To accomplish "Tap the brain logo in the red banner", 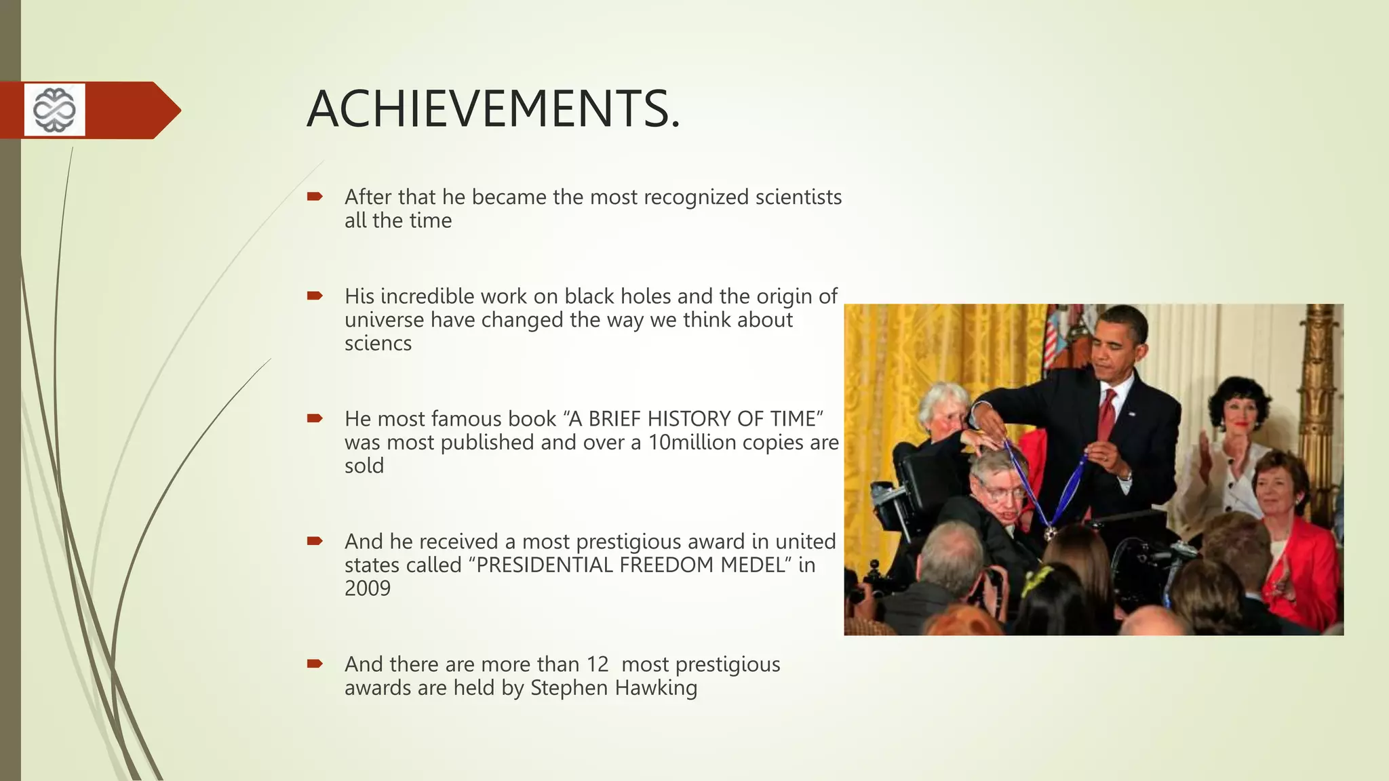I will click(55, 109).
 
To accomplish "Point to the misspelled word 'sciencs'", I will click(378, 344).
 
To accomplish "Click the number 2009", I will click(367, 588).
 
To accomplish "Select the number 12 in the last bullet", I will click(598, 664).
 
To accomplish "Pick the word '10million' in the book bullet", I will click(692, 443).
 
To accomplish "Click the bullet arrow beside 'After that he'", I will click(315, 197).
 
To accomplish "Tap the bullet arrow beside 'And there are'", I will click(315, 664).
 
